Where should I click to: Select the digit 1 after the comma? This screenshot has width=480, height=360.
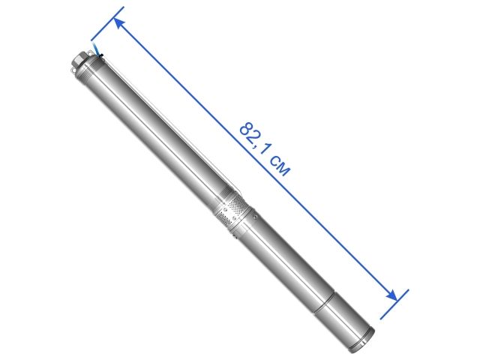coord(266,152)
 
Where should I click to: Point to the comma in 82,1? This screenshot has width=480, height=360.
coord(259,148)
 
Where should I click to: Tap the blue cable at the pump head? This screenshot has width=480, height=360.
coord(97,53)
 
